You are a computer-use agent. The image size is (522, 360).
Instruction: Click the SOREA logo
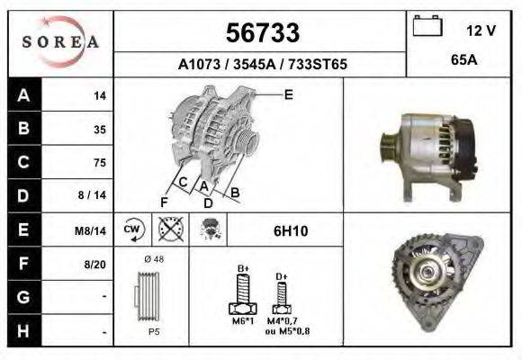pos(60,42)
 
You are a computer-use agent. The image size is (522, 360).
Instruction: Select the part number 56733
pos(263,32)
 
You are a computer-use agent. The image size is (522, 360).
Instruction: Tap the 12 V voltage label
pos(481,31)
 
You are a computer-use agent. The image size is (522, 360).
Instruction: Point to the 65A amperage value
pos(464,60)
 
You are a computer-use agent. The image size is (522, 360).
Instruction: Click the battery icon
pos(427,25)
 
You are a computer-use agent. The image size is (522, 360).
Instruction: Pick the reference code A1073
pos(199,64)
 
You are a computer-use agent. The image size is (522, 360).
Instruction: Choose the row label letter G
pos(23,297)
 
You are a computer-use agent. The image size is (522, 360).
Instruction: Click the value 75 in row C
pos(100,163)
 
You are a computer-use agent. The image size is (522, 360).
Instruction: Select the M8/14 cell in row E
pos(90,230)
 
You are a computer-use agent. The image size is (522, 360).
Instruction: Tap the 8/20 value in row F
pos(95,265)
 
